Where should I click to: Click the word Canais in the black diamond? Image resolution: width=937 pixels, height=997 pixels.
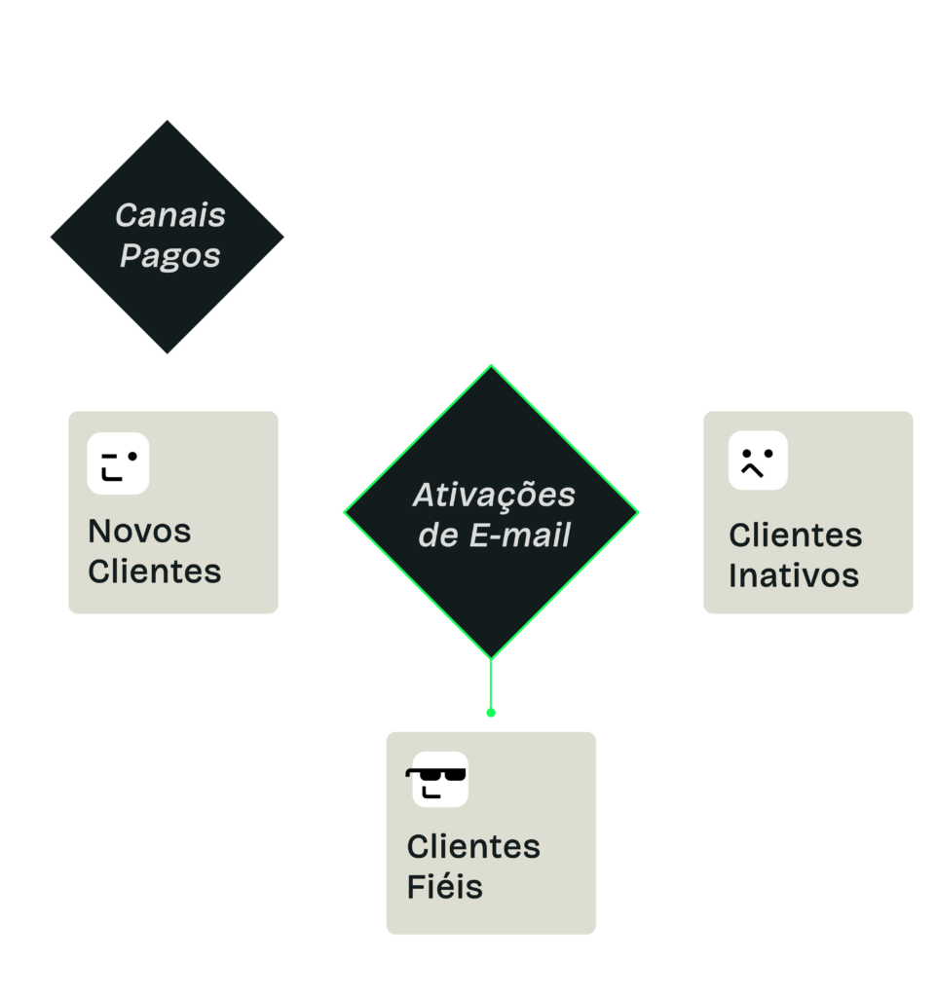(x=170, y=215)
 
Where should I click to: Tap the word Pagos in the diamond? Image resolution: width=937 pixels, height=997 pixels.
(x=169, y=256)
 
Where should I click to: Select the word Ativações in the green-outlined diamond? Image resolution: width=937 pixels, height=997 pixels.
(x=494, y=496)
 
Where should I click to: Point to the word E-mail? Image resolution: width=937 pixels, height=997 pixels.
(x=520, y=535)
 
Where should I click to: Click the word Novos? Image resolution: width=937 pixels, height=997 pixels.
(x=139, y=531)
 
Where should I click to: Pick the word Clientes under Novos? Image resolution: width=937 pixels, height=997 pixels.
(x=155, y=571)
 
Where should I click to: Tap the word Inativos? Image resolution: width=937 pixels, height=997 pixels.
(x=794, y=575)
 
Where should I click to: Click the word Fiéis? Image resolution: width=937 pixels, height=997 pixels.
(x=445, y=886)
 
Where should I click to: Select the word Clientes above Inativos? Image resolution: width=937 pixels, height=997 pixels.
(x=796, y=535)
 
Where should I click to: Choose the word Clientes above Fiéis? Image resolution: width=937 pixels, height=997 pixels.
(x=474, y=846)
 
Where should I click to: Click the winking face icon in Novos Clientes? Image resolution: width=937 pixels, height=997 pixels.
(x=118, y=463)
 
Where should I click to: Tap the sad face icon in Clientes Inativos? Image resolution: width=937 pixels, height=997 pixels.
(x=758, y=461)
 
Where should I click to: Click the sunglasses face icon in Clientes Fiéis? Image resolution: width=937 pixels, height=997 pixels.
(x=437, y=780)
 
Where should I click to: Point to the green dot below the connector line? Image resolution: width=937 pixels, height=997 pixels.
(x=491, y=713)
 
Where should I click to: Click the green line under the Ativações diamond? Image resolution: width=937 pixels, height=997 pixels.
(x=491, y=684)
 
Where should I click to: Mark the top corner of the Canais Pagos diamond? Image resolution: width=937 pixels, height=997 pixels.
(x=168, y=120)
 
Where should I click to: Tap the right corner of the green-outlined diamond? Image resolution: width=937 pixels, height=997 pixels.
(x=638, y=512)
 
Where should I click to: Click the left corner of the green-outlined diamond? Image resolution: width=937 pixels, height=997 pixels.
(x=344, y=512)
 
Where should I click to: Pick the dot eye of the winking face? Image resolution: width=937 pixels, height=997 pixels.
(x=132, y=456)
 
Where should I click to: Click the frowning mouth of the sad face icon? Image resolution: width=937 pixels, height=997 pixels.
(x=752, y=470)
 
